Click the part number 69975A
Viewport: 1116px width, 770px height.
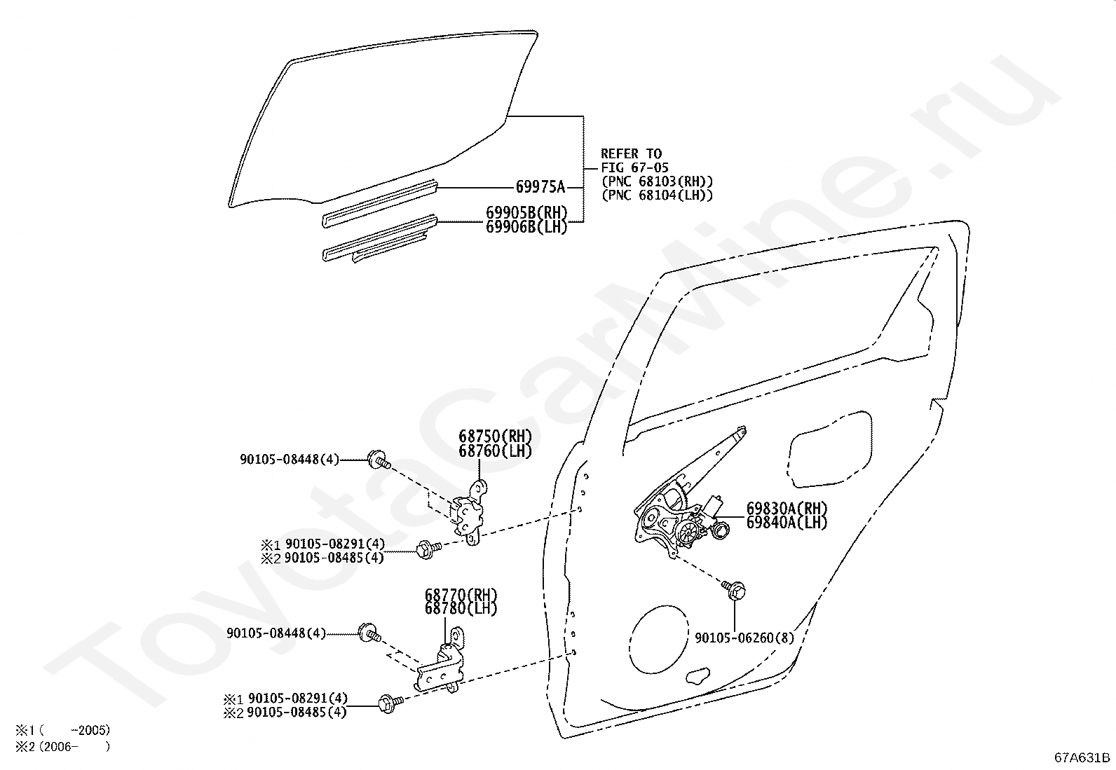(x=540, y=187)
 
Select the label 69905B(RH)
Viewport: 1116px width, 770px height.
(x=526, y=212)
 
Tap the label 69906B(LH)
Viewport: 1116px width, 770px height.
(x=526, y=226)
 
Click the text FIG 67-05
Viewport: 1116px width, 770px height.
(x=634, y=167)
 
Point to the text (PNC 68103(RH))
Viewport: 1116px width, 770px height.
(x=657, y=181)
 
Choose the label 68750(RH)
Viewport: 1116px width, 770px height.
(x=495, y=436)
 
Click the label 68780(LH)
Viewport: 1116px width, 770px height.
(x=461, y=609)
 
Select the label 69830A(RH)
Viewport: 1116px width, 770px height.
(x=787, y=509)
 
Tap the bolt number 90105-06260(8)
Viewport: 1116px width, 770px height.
(x=744, y=638)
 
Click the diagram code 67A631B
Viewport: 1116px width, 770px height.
(x=1082, y=757)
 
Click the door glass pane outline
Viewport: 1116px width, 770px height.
(x=379, y=126)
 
